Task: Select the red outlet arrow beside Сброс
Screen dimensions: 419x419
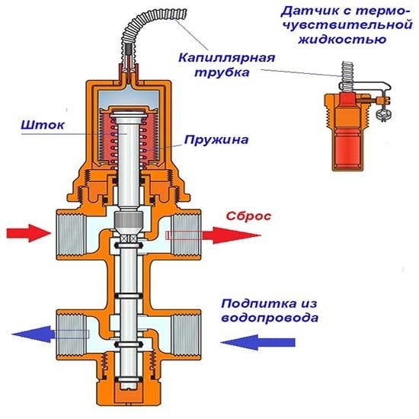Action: [233, 235]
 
